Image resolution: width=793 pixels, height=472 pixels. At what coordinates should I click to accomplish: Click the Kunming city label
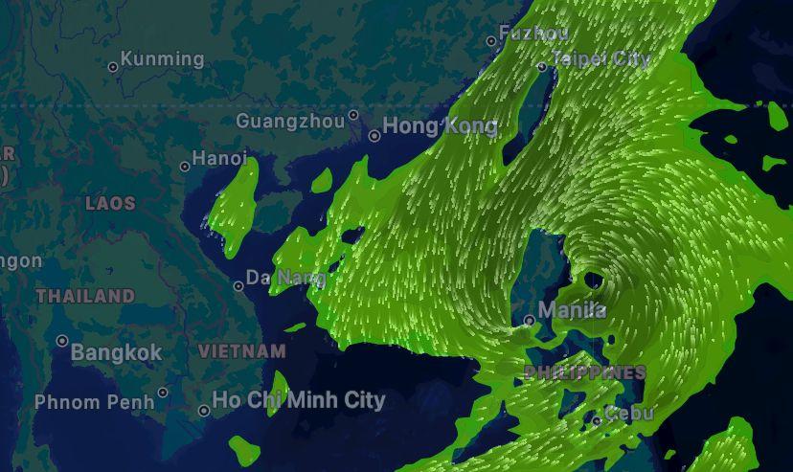click(162, 59)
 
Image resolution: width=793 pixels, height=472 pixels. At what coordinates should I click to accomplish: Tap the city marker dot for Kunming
click(113, 67)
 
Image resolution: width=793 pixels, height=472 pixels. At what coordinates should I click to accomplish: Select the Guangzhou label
click(289, 122)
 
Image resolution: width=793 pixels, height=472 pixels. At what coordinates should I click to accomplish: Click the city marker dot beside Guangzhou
click(353, 115)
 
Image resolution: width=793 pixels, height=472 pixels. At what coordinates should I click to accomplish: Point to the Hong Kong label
click(440, 126)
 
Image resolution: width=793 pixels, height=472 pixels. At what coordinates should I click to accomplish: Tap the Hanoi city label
click(219, 158)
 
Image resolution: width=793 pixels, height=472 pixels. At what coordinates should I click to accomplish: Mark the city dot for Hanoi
click(185, 167)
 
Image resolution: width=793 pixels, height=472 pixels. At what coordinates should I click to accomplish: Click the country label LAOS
click(110, 203)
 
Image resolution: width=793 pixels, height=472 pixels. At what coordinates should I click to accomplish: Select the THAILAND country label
click(85, 296)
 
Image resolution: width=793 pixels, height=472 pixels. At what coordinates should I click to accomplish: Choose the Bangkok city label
click(116, 352)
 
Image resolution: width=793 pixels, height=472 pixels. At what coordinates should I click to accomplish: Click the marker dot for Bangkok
click(62, 341)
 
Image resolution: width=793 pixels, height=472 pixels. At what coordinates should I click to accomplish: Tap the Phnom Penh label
click(94, 402)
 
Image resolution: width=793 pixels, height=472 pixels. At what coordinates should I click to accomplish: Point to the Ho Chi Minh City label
click(298, 400)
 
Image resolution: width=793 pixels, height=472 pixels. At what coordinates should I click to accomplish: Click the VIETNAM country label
click(241, 351)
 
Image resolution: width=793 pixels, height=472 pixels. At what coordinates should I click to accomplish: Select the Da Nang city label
click(285, 278)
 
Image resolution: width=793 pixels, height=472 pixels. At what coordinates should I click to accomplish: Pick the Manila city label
click(572, 310)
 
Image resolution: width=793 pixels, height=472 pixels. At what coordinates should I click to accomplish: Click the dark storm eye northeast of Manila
click(593, 281)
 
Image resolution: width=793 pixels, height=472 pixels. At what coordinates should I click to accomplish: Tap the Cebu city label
click(629, 414)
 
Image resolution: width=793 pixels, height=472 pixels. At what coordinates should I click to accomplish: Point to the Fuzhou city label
click(533, 34)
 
